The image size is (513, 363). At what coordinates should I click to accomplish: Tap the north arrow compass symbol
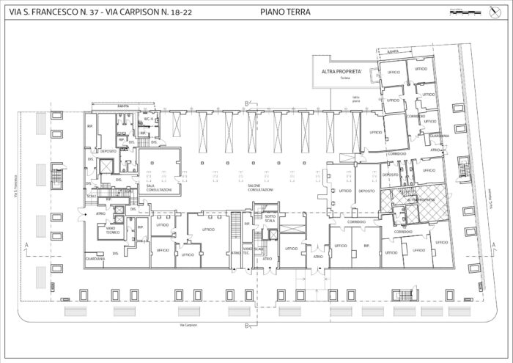pyautogui.click(x=491, y=10)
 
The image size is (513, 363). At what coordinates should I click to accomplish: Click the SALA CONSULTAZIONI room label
pyautogui.click(x=159, y=188)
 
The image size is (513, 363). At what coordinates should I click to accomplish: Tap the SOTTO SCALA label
pyautogui.click(x=270, y=218)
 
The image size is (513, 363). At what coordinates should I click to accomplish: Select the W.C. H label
pyautogui.click(x=147, y=118)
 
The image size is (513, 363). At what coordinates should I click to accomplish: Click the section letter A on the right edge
pyautogui.click(x=484, y=243)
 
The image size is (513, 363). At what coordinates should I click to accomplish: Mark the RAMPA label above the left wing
pyautogui.click(x=123, y=106)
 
